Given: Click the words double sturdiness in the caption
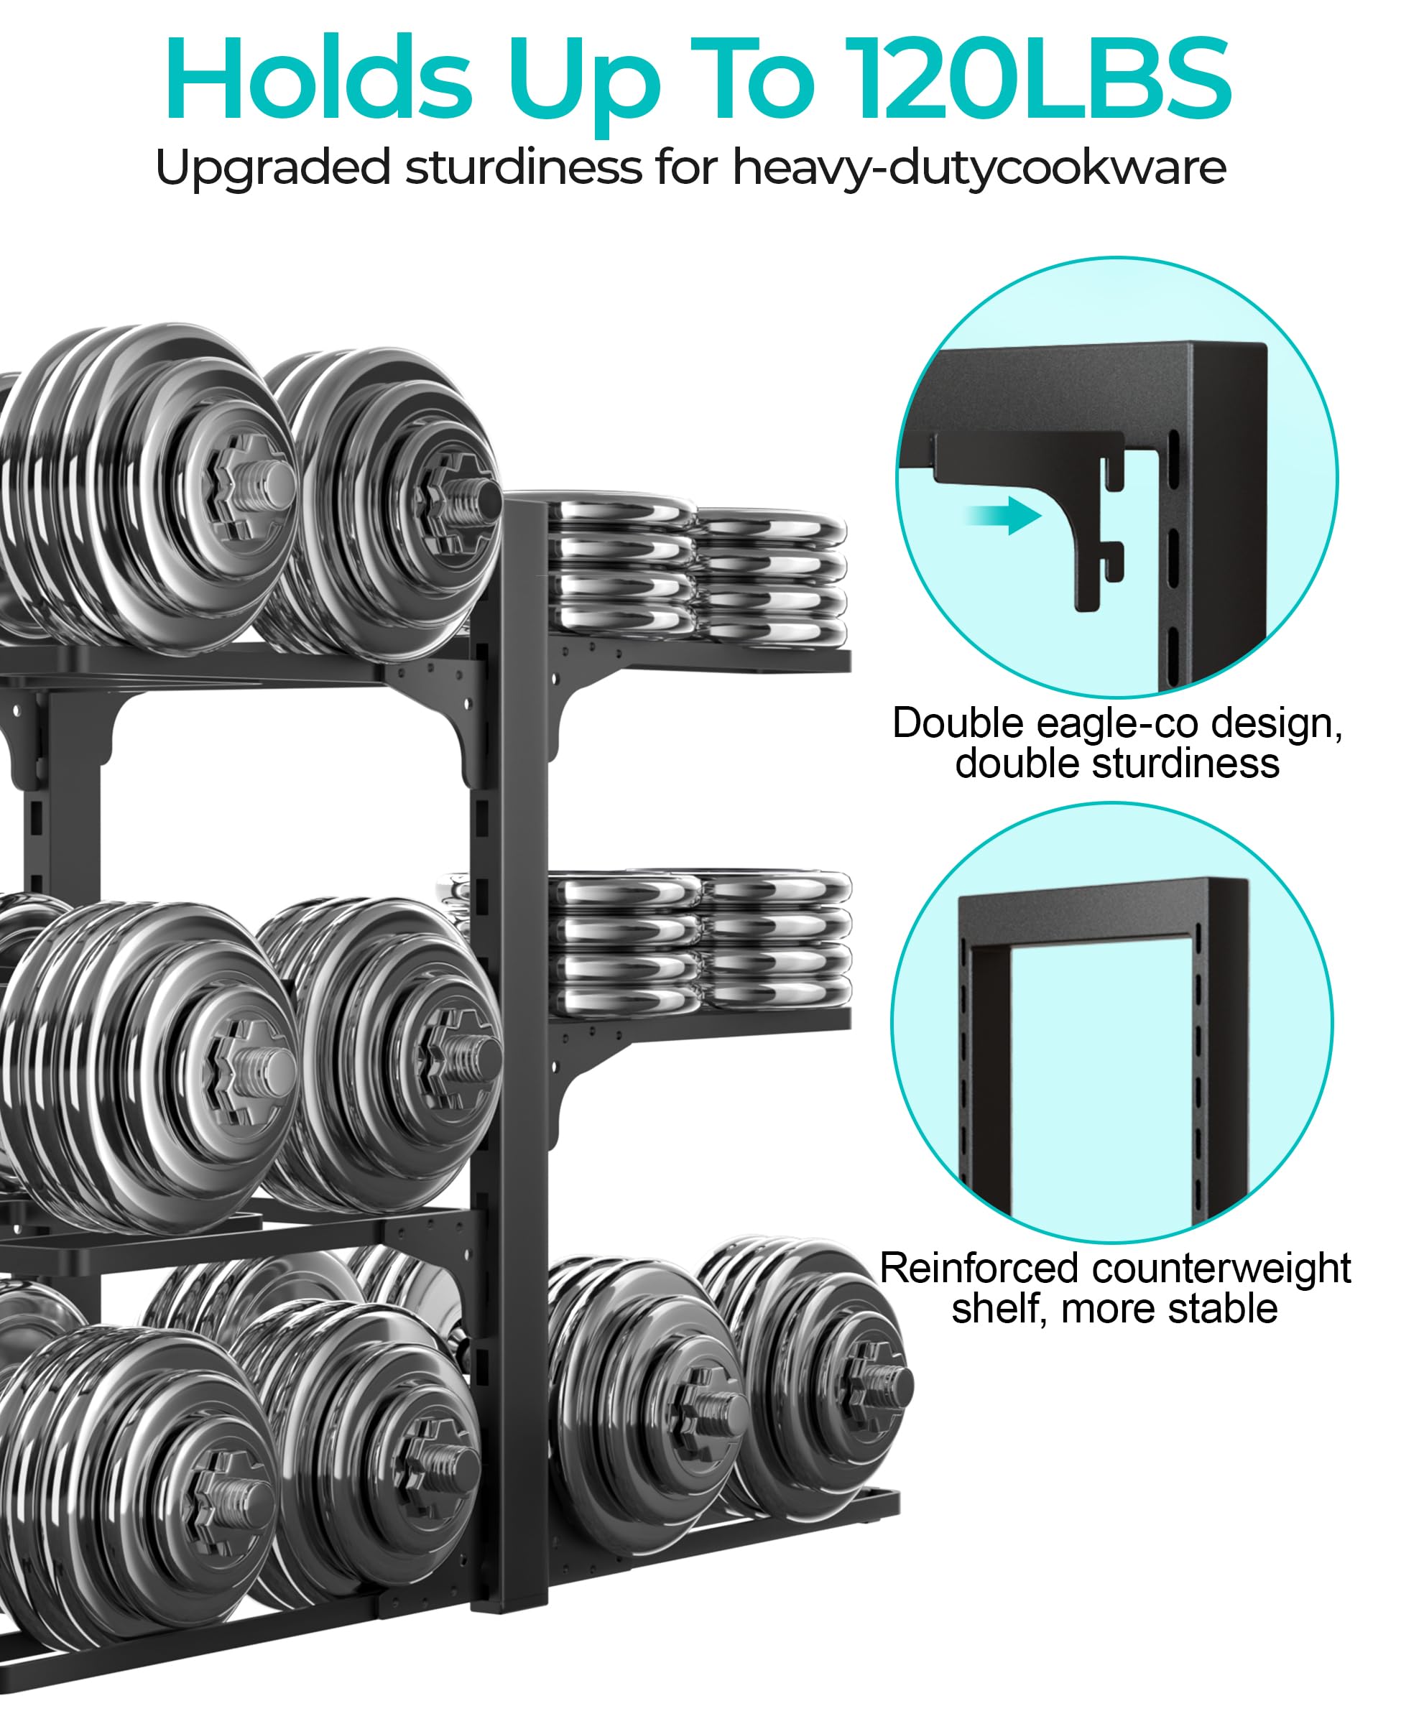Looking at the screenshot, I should coord(1117,763).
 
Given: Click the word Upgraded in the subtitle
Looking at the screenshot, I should coord(274,168).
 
